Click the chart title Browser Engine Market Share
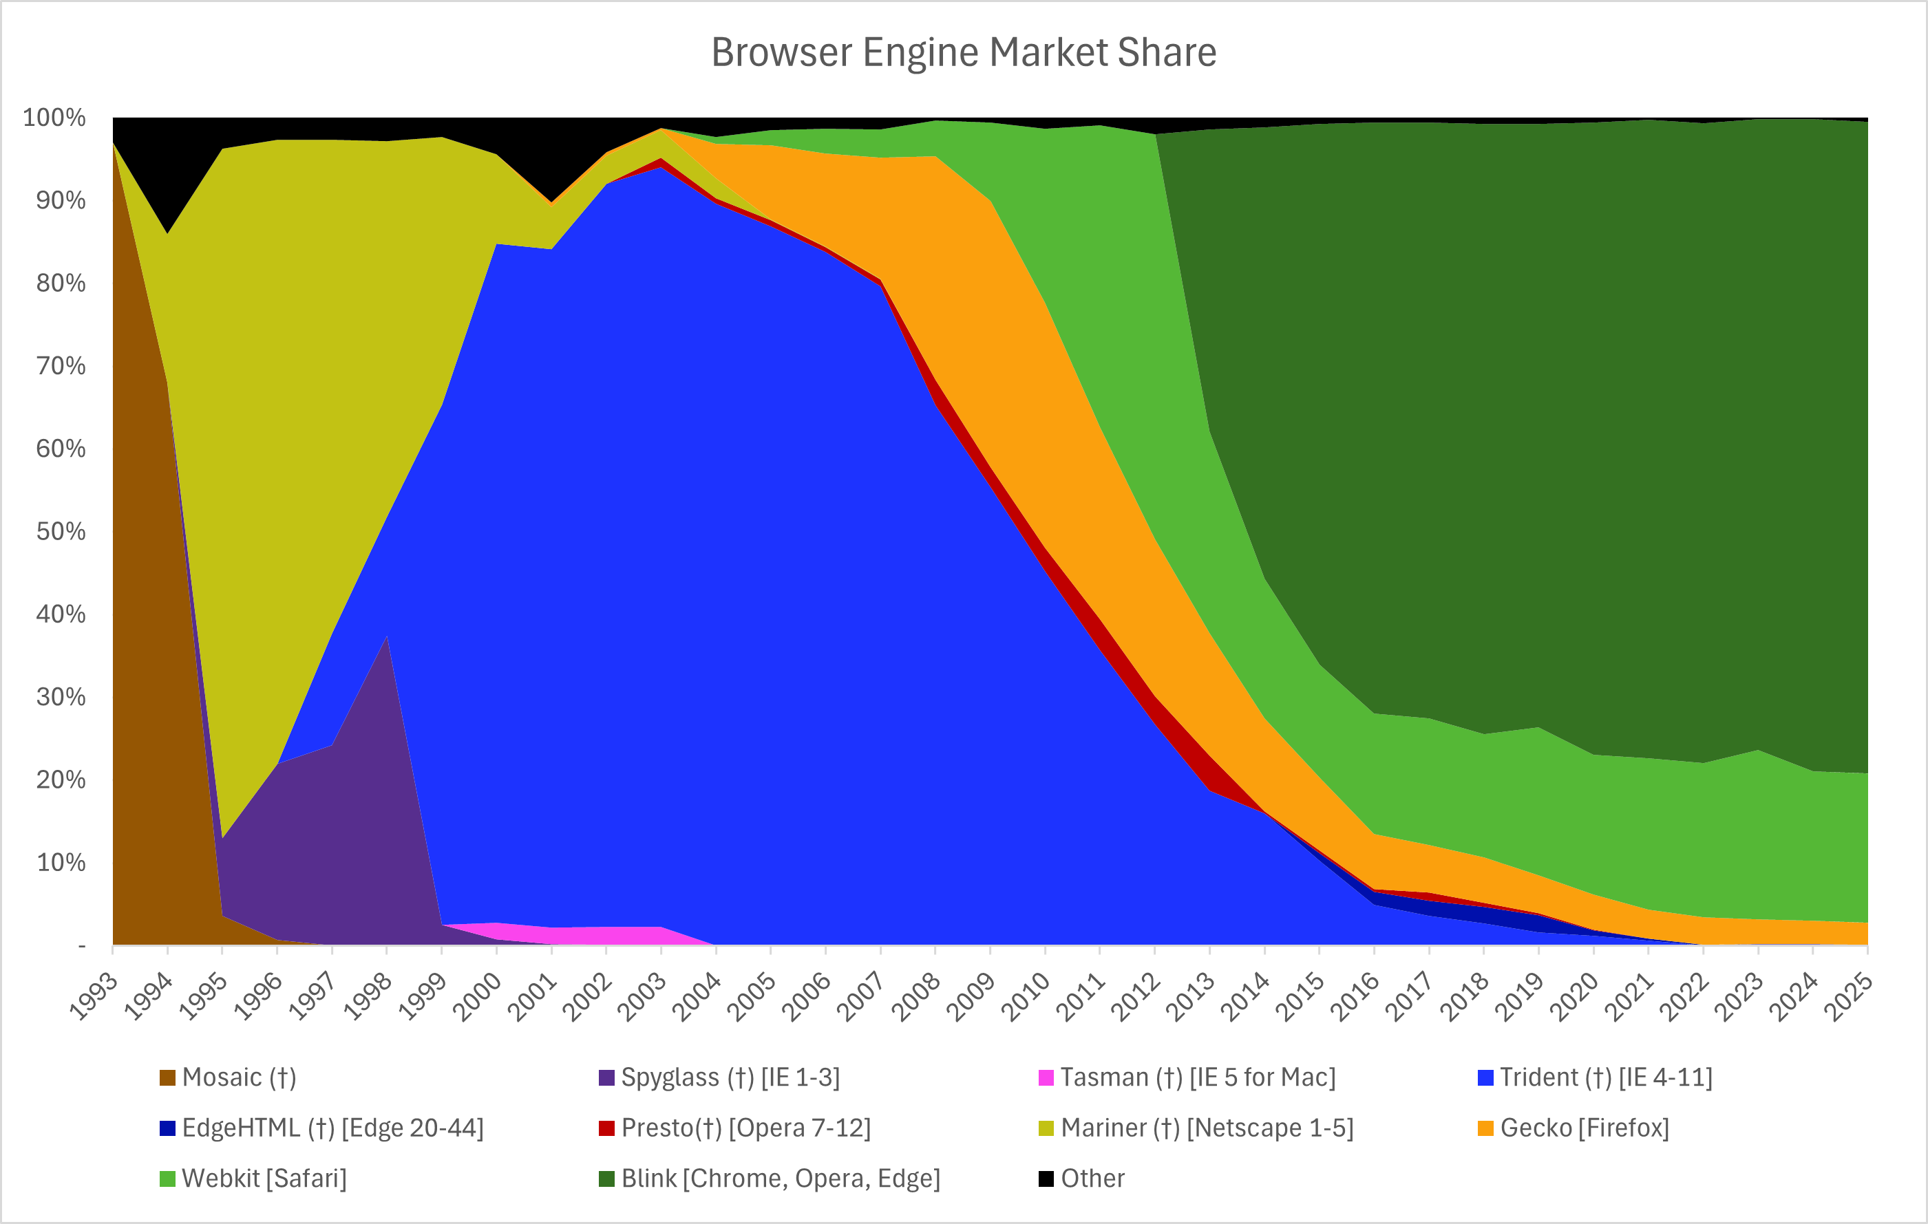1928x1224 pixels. pos(963,53)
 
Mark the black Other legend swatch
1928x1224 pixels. pos(1046,1179)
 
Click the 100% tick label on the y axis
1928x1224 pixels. pos(54,118)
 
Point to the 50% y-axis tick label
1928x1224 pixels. pos(61,532)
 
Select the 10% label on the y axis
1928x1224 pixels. pos(61,862)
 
